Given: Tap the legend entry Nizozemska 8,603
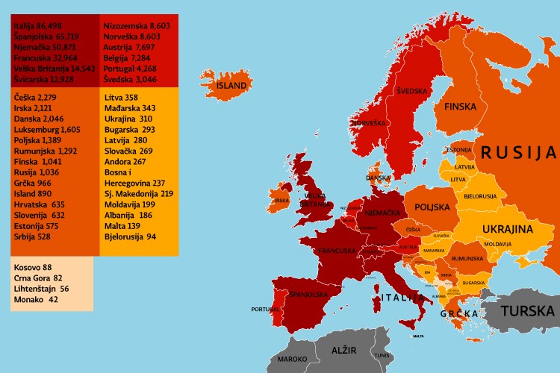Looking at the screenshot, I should pos(137,25).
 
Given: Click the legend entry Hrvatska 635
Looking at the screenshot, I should pos(39,204).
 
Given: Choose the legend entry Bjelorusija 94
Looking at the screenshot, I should pos(130,236).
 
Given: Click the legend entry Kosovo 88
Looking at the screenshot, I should pos(32,267).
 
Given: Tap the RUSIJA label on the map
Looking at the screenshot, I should pos(518,154).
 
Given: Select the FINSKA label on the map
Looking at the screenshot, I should pos(460,107).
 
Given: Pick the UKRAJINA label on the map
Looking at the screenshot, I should pos(506,229).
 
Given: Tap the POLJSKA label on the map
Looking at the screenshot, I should pos(432,207).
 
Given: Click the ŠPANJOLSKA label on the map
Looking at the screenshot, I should pos(308,294).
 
